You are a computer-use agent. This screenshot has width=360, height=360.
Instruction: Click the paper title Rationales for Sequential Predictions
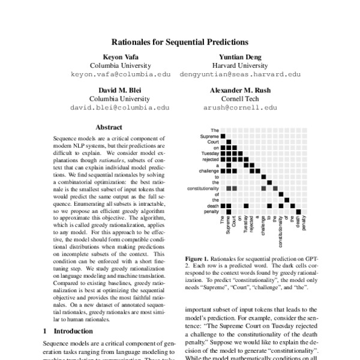[x=179, y=43]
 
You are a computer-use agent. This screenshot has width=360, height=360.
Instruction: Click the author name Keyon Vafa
[x=112, y=56]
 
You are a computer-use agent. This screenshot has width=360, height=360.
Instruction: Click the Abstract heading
[x=109, y=127]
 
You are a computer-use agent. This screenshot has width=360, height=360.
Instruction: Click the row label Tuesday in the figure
[x=210, y=153]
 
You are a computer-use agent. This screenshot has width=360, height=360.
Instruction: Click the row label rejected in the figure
[x=210, y=160]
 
